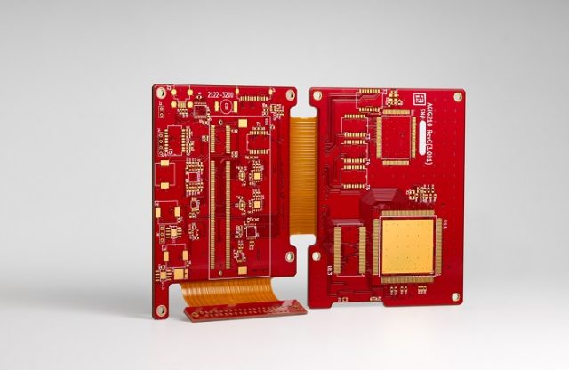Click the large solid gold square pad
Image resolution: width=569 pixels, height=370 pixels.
tap(408, 246)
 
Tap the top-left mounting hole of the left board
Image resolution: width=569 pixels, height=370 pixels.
tap(162, 91)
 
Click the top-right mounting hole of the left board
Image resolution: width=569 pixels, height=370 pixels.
tap(289, 92)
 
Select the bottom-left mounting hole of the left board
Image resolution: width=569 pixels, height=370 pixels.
tap(162, 311)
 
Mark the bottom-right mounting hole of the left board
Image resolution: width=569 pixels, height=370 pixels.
tap(290, 256)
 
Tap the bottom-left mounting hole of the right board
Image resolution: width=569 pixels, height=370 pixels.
tap(316, 256)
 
